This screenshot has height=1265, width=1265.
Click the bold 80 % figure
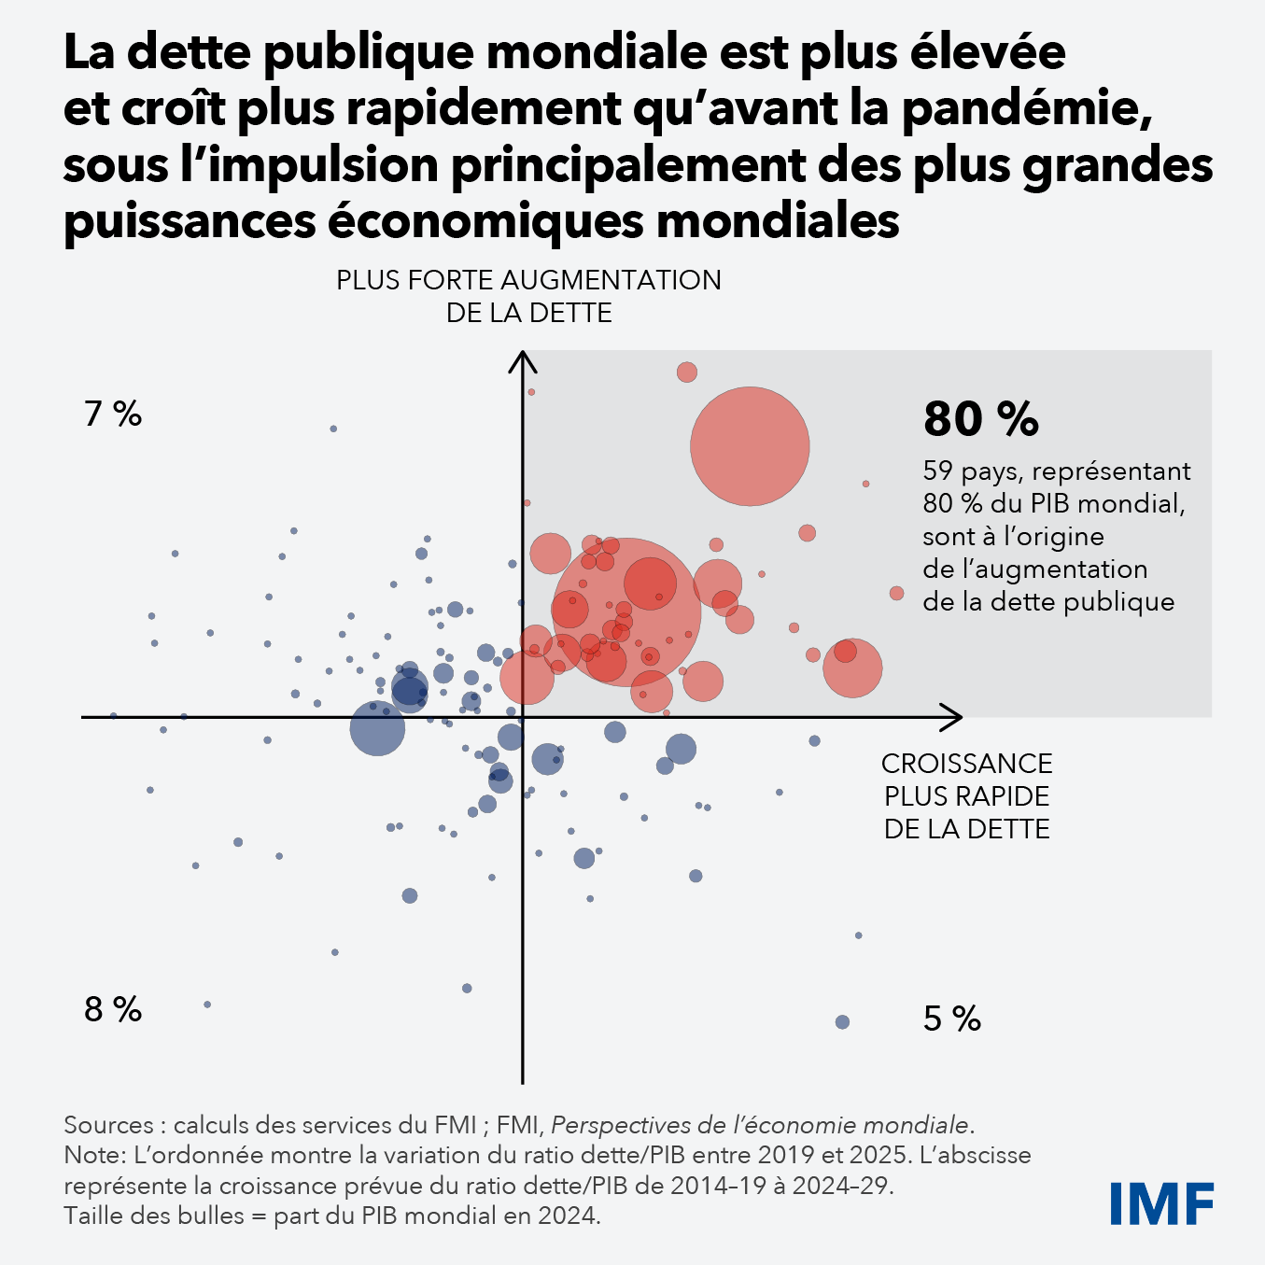[x=980, y=419]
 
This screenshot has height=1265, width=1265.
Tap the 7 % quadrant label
[x=113, y=414]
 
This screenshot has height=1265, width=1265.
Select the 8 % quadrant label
[x=113, y=1009]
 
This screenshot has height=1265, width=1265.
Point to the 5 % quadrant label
[x=951, y=1019]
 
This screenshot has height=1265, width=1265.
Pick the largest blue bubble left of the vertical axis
[x=377, y=729]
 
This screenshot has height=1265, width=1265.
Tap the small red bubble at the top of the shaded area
[x=687, y=372]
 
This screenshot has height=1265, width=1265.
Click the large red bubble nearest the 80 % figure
[x=750, y=446]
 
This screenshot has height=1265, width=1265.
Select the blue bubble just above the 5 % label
[x=842, y=1022]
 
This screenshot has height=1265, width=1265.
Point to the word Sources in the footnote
[x=108, y=1125]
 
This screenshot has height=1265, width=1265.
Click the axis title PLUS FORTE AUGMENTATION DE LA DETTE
[x=528, y=296]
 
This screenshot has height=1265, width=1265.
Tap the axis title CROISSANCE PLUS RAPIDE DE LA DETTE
[x=966, y=796]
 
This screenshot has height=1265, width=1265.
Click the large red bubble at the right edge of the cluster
[x=852, y=668]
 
